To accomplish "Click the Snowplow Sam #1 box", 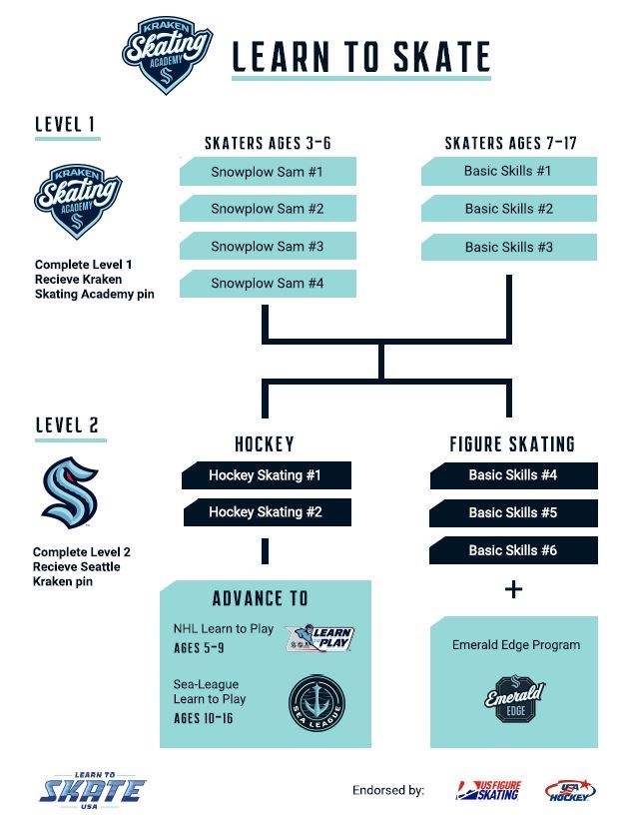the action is (268, 171).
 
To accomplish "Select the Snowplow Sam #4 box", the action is (268, 284).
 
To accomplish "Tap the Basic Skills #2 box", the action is (509, 209).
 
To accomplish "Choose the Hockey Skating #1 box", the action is (267, 475).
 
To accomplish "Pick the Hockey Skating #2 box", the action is (267, 512).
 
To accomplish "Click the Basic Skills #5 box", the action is (513, 512).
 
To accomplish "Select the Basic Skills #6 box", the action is (513, 550).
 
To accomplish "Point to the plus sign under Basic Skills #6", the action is (514, 589).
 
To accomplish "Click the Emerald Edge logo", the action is (515, 699).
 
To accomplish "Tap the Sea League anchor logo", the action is (317, 703).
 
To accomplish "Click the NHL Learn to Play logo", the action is (320, 638).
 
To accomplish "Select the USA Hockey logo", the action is (570, 791).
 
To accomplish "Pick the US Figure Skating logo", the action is (489, 791).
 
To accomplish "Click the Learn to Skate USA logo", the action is (93, 790).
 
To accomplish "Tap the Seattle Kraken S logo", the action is (70, 492).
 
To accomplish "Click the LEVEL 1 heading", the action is (65, 125).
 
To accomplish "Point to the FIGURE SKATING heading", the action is (512, 444).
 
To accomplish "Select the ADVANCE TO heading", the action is (261, 598).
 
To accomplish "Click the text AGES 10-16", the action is (203, 718).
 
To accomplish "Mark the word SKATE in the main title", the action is (441, 57).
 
